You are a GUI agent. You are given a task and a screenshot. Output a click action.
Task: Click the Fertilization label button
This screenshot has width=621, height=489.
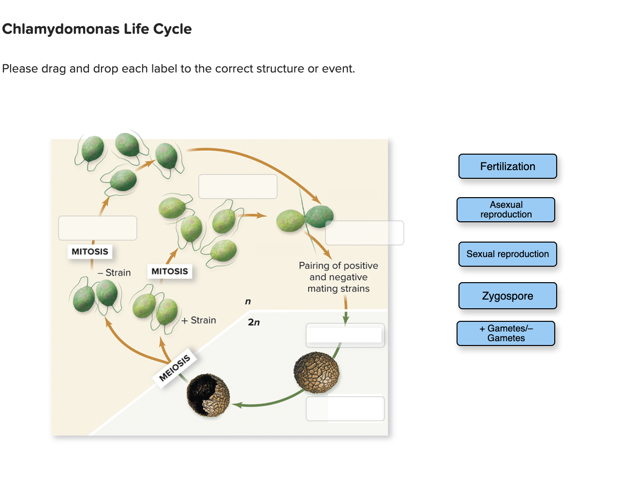click(507, 166)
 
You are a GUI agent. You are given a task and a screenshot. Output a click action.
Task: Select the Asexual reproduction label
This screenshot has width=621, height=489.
click(506, 210)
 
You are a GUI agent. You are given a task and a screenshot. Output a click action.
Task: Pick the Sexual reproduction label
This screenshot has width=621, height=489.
click(507, 254)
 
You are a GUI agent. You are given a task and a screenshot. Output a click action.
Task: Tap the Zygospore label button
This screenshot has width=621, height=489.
click(507, 296)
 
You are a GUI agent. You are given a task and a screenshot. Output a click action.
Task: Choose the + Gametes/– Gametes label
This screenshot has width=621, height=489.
click(506, 333)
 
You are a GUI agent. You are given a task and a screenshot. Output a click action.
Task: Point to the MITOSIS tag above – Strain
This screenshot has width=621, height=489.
click(90, 252)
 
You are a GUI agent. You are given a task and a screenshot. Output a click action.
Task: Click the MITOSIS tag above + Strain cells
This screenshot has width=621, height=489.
click(170, 272)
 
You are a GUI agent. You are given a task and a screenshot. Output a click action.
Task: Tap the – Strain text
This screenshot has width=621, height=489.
click(114, 273)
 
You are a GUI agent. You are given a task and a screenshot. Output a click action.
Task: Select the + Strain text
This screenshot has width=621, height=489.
click(199, 320)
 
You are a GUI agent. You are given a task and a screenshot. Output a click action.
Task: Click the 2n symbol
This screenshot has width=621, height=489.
click(253, 322)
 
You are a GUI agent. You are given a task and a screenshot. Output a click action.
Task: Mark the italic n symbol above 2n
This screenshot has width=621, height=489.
click(248, 302)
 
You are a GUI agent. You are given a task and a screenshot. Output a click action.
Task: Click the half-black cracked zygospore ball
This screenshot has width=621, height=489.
click(208, 395)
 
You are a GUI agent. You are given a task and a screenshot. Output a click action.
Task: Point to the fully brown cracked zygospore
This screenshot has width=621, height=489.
click(316, 373)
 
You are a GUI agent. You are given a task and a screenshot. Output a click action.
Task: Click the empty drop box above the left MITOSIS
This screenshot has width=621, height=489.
click(98, 228)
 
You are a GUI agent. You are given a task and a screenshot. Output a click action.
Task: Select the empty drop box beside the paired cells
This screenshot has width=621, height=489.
click(365, 233)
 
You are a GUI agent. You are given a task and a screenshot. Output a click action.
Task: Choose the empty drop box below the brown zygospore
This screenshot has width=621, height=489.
click(345, 409)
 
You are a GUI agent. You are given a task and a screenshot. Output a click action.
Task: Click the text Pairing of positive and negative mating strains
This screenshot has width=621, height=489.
click(339, 277)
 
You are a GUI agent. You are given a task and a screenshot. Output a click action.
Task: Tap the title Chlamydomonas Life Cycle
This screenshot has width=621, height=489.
click(97, 29)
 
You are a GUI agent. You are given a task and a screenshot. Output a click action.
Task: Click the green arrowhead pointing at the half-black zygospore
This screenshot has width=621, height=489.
click(237, 404)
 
